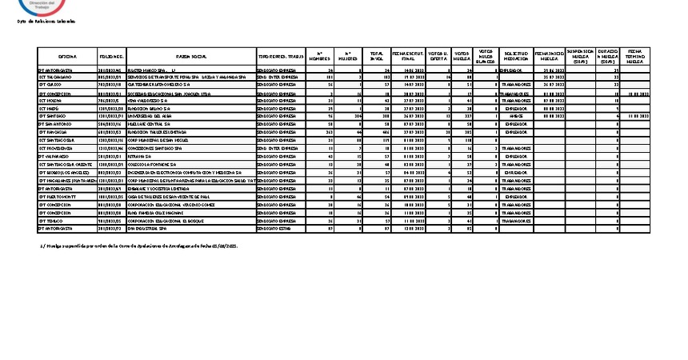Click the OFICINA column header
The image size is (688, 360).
[x=66, y=57]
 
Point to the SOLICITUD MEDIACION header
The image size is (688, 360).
[x=517, y=57]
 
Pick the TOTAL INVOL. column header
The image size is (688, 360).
[x=378, y=57]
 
